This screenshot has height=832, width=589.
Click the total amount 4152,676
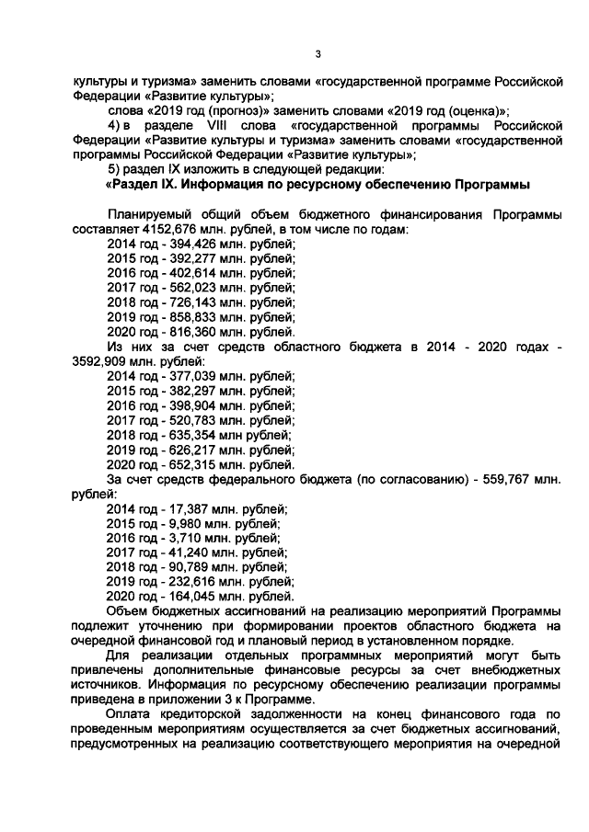[x=167, y=228]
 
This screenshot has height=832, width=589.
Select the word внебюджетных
[x=506, y=669]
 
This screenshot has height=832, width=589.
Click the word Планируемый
[x=151, y=213]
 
